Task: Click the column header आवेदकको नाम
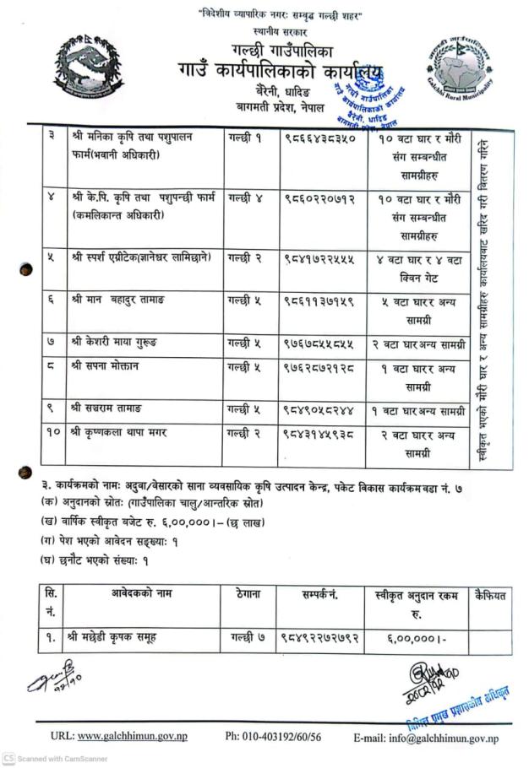pos(141,595)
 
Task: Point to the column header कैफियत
pos(491,595)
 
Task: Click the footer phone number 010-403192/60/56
pos(273,737)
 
